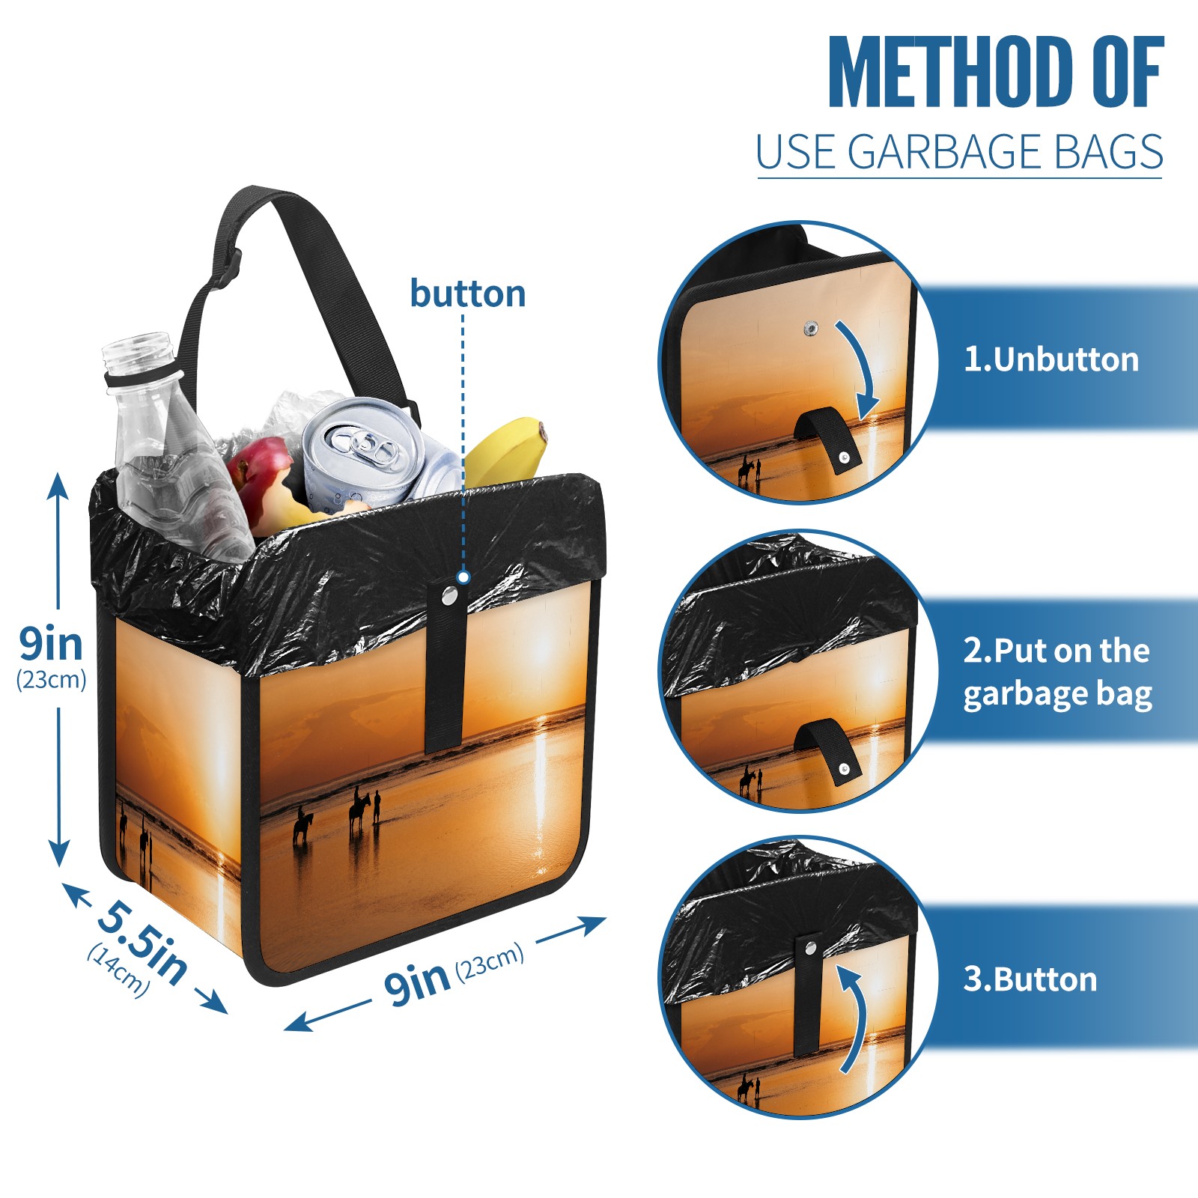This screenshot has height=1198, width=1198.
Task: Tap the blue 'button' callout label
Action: coord(468,294)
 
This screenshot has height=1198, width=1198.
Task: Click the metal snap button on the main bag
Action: coord(449,596)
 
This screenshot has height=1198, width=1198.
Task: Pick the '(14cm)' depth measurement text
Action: coord(118,970)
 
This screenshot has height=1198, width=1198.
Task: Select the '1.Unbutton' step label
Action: coord(1051,359)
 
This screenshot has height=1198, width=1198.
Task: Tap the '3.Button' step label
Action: coord(1030,979)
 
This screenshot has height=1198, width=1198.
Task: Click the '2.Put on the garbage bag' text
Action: coord(1057,672)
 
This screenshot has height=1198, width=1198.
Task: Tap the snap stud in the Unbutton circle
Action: coord(811,328)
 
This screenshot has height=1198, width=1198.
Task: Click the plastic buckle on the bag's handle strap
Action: coord(227,272)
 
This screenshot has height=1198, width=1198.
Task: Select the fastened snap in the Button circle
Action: coord(809,948)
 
